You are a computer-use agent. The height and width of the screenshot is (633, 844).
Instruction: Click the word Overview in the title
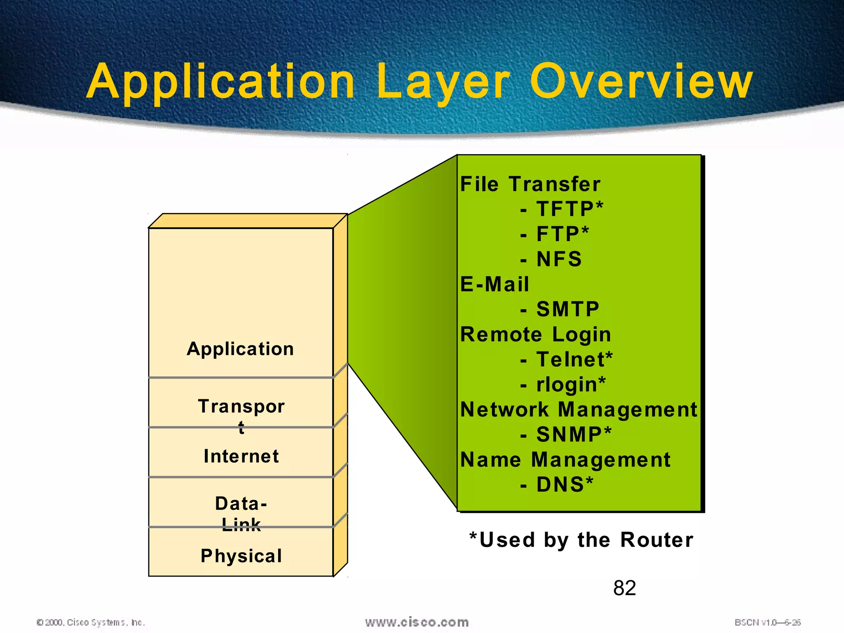coord(641,82)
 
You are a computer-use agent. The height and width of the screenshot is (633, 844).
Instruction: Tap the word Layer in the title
coord(443,82)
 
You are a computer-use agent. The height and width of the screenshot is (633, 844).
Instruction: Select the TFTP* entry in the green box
coord(569,209)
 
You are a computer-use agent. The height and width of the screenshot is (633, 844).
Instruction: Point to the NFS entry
coord(558,259)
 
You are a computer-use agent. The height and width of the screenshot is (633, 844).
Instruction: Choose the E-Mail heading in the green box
coord(495,284)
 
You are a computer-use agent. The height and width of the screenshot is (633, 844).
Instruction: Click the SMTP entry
coord(567,309)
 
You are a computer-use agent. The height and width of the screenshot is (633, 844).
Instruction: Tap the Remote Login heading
coord(535,335)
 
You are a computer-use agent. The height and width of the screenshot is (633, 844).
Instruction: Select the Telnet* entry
coord(574,359)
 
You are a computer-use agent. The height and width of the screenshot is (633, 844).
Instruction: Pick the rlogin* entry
coord(570,384)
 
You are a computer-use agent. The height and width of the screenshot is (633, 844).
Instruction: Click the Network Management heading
coord(579,410)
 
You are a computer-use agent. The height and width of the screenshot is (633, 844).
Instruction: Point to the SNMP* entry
coord(573,435)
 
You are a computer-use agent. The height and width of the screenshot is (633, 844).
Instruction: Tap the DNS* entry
coord(564,485)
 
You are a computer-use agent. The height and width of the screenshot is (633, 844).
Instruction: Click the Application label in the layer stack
coord(240,349)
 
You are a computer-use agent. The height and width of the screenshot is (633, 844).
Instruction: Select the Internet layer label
coord(241,456)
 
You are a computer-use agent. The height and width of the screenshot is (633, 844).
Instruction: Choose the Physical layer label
coord(241,556)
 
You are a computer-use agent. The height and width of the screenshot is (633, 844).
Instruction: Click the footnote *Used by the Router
coord(581,540)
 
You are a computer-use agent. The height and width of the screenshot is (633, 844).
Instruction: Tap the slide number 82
coord(624,588)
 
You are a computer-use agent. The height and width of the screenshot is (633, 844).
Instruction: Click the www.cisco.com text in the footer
coord(417,622)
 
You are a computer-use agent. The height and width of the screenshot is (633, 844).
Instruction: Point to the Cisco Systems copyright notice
coord(91,622)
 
